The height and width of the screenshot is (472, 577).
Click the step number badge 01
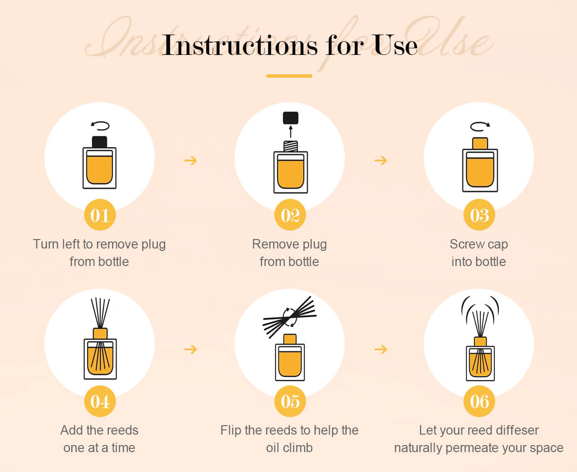tap(100, 215)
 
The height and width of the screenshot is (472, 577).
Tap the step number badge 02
tap(290, 215)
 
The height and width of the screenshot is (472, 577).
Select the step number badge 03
tap(479, 215)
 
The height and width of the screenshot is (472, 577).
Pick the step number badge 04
tap(100, 401)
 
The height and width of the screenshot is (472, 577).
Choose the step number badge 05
tap(290, 401)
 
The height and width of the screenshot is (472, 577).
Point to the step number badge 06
tap(479, 401)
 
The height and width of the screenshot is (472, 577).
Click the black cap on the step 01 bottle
tap(100, 142)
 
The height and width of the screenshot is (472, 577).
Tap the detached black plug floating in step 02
tap(290, 118)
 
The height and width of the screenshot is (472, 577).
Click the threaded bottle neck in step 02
tap(290, 146)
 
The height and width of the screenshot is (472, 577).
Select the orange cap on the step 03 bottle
tap(480, 143)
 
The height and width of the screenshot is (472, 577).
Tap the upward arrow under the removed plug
tap(290, 132)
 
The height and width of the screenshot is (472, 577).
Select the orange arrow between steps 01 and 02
tap(191, 160)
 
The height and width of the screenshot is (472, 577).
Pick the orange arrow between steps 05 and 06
tap(381, 349)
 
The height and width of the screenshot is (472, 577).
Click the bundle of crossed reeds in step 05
tap(290, 317)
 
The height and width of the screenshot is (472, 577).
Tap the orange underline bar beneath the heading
tap(289, 76)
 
